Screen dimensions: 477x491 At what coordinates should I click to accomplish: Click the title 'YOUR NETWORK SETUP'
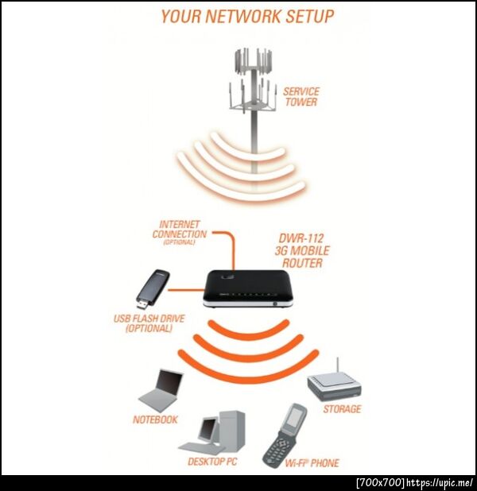247,16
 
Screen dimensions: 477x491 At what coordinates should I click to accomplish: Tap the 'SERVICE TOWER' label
301,97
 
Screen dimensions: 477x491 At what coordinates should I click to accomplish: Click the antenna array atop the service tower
253,80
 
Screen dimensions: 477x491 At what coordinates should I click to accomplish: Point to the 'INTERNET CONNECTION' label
179,233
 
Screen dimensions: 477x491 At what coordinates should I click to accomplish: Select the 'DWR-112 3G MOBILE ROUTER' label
302,251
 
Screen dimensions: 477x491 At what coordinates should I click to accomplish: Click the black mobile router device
249,288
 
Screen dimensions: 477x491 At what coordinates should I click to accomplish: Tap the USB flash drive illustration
153,289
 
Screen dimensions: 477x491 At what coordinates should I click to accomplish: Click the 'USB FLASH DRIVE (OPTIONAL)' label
149,323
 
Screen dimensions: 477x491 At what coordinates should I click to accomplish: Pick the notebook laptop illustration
161,390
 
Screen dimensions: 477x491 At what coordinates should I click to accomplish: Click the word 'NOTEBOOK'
155,419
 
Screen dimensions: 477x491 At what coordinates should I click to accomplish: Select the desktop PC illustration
211,432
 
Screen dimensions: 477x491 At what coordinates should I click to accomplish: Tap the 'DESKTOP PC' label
212,462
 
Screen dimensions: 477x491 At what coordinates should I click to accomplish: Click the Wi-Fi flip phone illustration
285,435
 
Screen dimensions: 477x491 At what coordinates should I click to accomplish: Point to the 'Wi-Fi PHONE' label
312,463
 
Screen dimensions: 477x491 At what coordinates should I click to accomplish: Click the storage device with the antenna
334,385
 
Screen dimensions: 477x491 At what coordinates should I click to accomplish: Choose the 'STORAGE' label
342,409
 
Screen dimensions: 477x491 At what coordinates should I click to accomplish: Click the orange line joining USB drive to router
186,290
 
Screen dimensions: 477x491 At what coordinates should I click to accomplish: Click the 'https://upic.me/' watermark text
440,482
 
